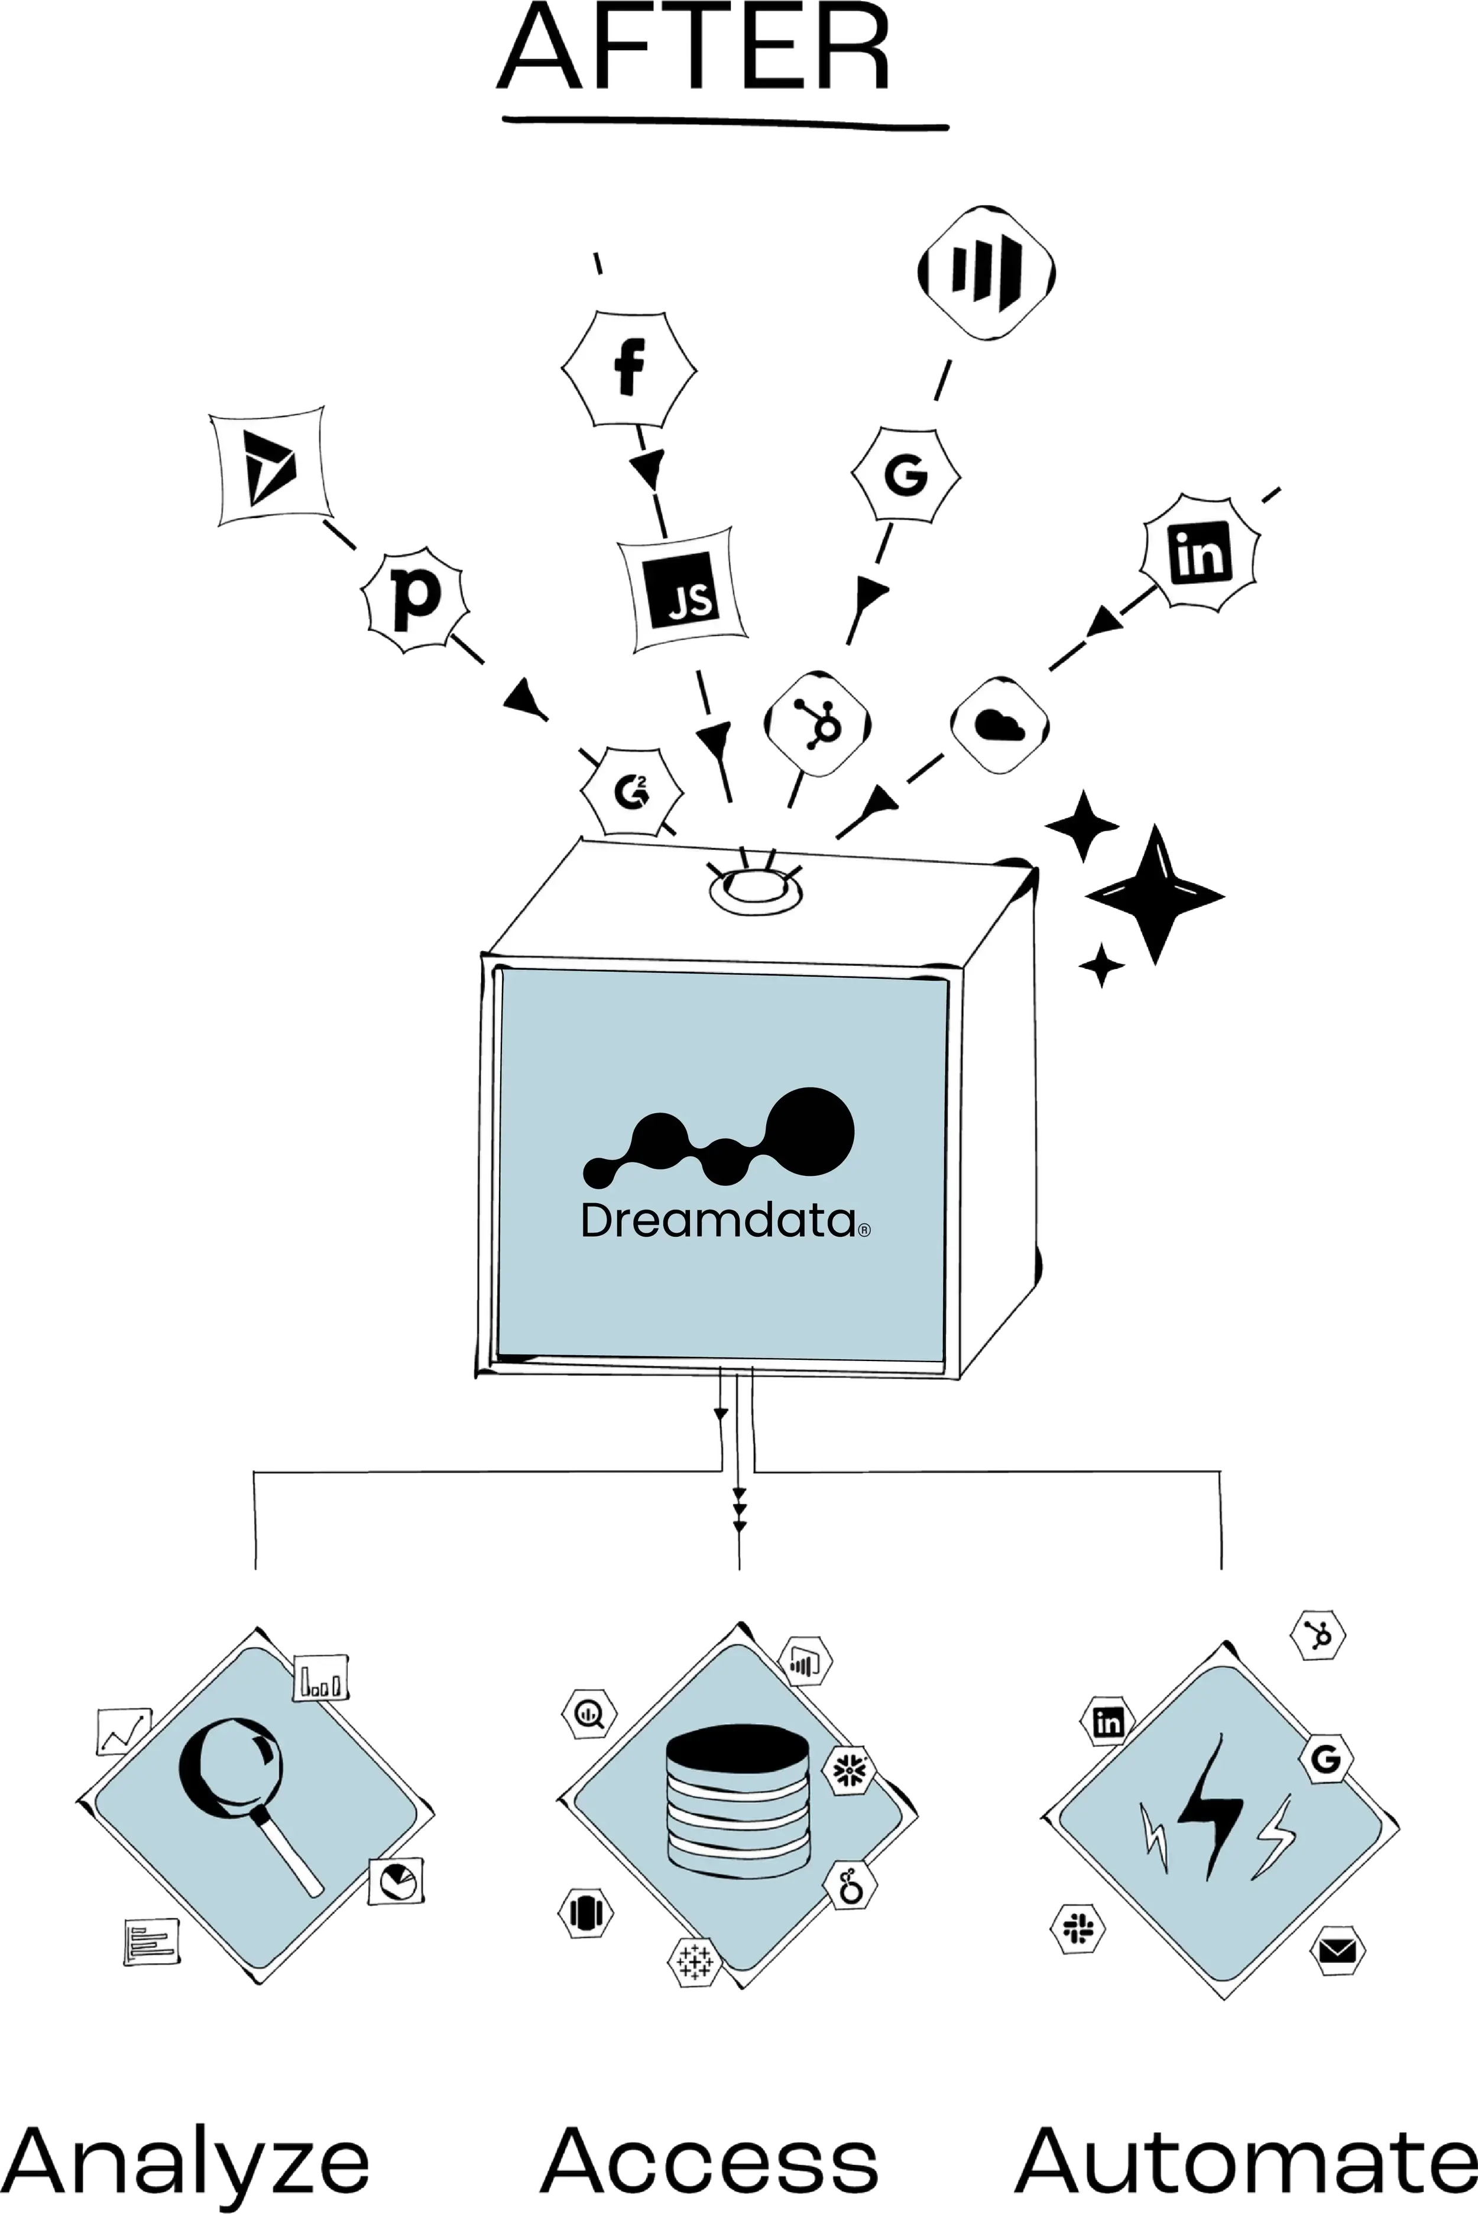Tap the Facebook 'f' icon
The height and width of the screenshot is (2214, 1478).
628,369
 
